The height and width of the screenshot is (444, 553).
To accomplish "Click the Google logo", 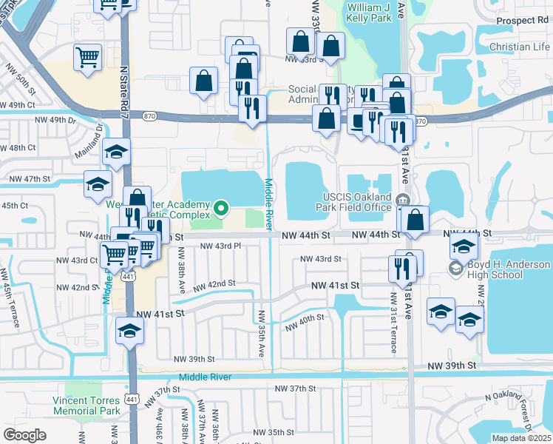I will [24, 434].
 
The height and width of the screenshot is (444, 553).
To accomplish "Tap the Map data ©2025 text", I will [520, 438].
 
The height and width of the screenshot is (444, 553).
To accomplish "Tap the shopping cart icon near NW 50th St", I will [87, 57].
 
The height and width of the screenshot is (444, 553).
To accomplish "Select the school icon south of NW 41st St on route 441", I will [129, 331].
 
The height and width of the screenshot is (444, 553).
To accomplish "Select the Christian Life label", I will [520, 47].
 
